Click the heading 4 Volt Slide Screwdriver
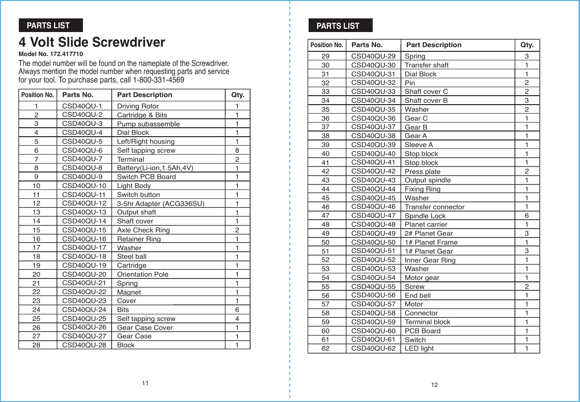tap(92, 42)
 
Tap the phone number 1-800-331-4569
tap(158, 80)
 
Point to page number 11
tap(145, 383)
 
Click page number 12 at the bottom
tap(434, 385)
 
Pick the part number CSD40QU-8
tap(82, 167)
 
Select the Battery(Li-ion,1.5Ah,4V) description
tap(155, 168)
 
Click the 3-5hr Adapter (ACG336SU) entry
tap(161, 204)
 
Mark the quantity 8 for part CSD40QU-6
tap(237, 150)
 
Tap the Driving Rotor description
tap(138, 106)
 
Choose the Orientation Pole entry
tap(142, 274)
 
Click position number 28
tap(36, 345)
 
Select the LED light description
tap(419, 349)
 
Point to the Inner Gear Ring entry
tap(430, 260)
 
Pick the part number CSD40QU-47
tap(373, 215)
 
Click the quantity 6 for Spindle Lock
tap(526, 215)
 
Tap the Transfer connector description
tap(434, 207)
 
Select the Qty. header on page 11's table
tap(237, 95)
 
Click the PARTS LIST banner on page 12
tap(340, 25)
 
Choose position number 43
tap(325, 180)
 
